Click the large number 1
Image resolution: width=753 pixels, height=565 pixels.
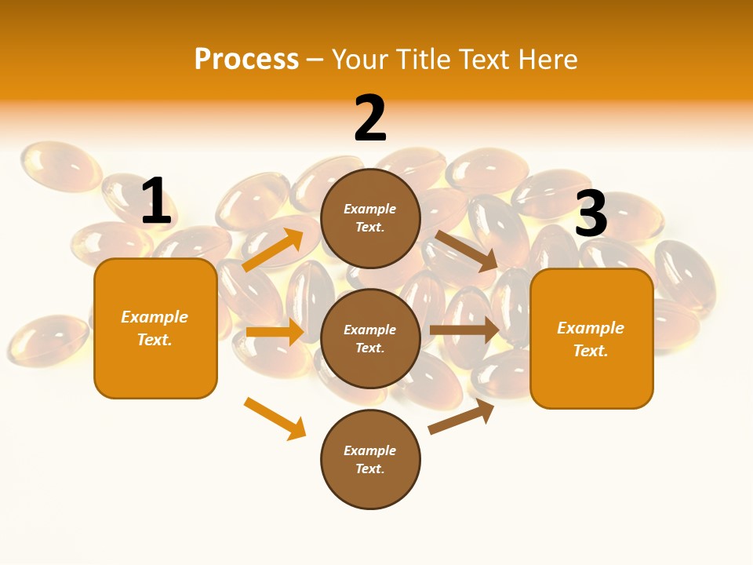[156, 201]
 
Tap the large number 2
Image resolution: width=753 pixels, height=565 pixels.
[370, 118]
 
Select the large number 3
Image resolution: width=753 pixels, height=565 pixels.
[591, 214]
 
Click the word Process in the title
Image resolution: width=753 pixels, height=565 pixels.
[246, 59]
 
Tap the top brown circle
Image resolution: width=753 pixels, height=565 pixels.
[370, 218]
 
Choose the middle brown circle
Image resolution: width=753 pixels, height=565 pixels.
[370, 338]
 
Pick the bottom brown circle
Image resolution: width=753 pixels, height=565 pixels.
[370, 459]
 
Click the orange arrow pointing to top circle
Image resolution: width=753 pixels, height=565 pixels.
[274, 250]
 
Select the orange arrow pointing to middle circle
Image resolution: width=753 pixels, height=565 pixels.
[275, 332]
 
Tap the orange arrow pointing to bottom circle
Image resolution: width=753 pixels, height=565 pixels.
[275, 418]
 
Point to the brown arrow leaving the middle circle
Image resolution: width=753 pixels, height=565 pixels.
[464, 330]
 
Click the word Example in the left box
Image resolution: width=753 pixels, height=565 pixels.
[155, 317]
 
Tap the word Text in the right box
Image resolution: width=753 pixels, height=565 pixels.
[590, 351]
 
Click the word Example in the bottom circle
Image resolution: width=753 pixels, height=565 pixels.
[370, 450]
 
